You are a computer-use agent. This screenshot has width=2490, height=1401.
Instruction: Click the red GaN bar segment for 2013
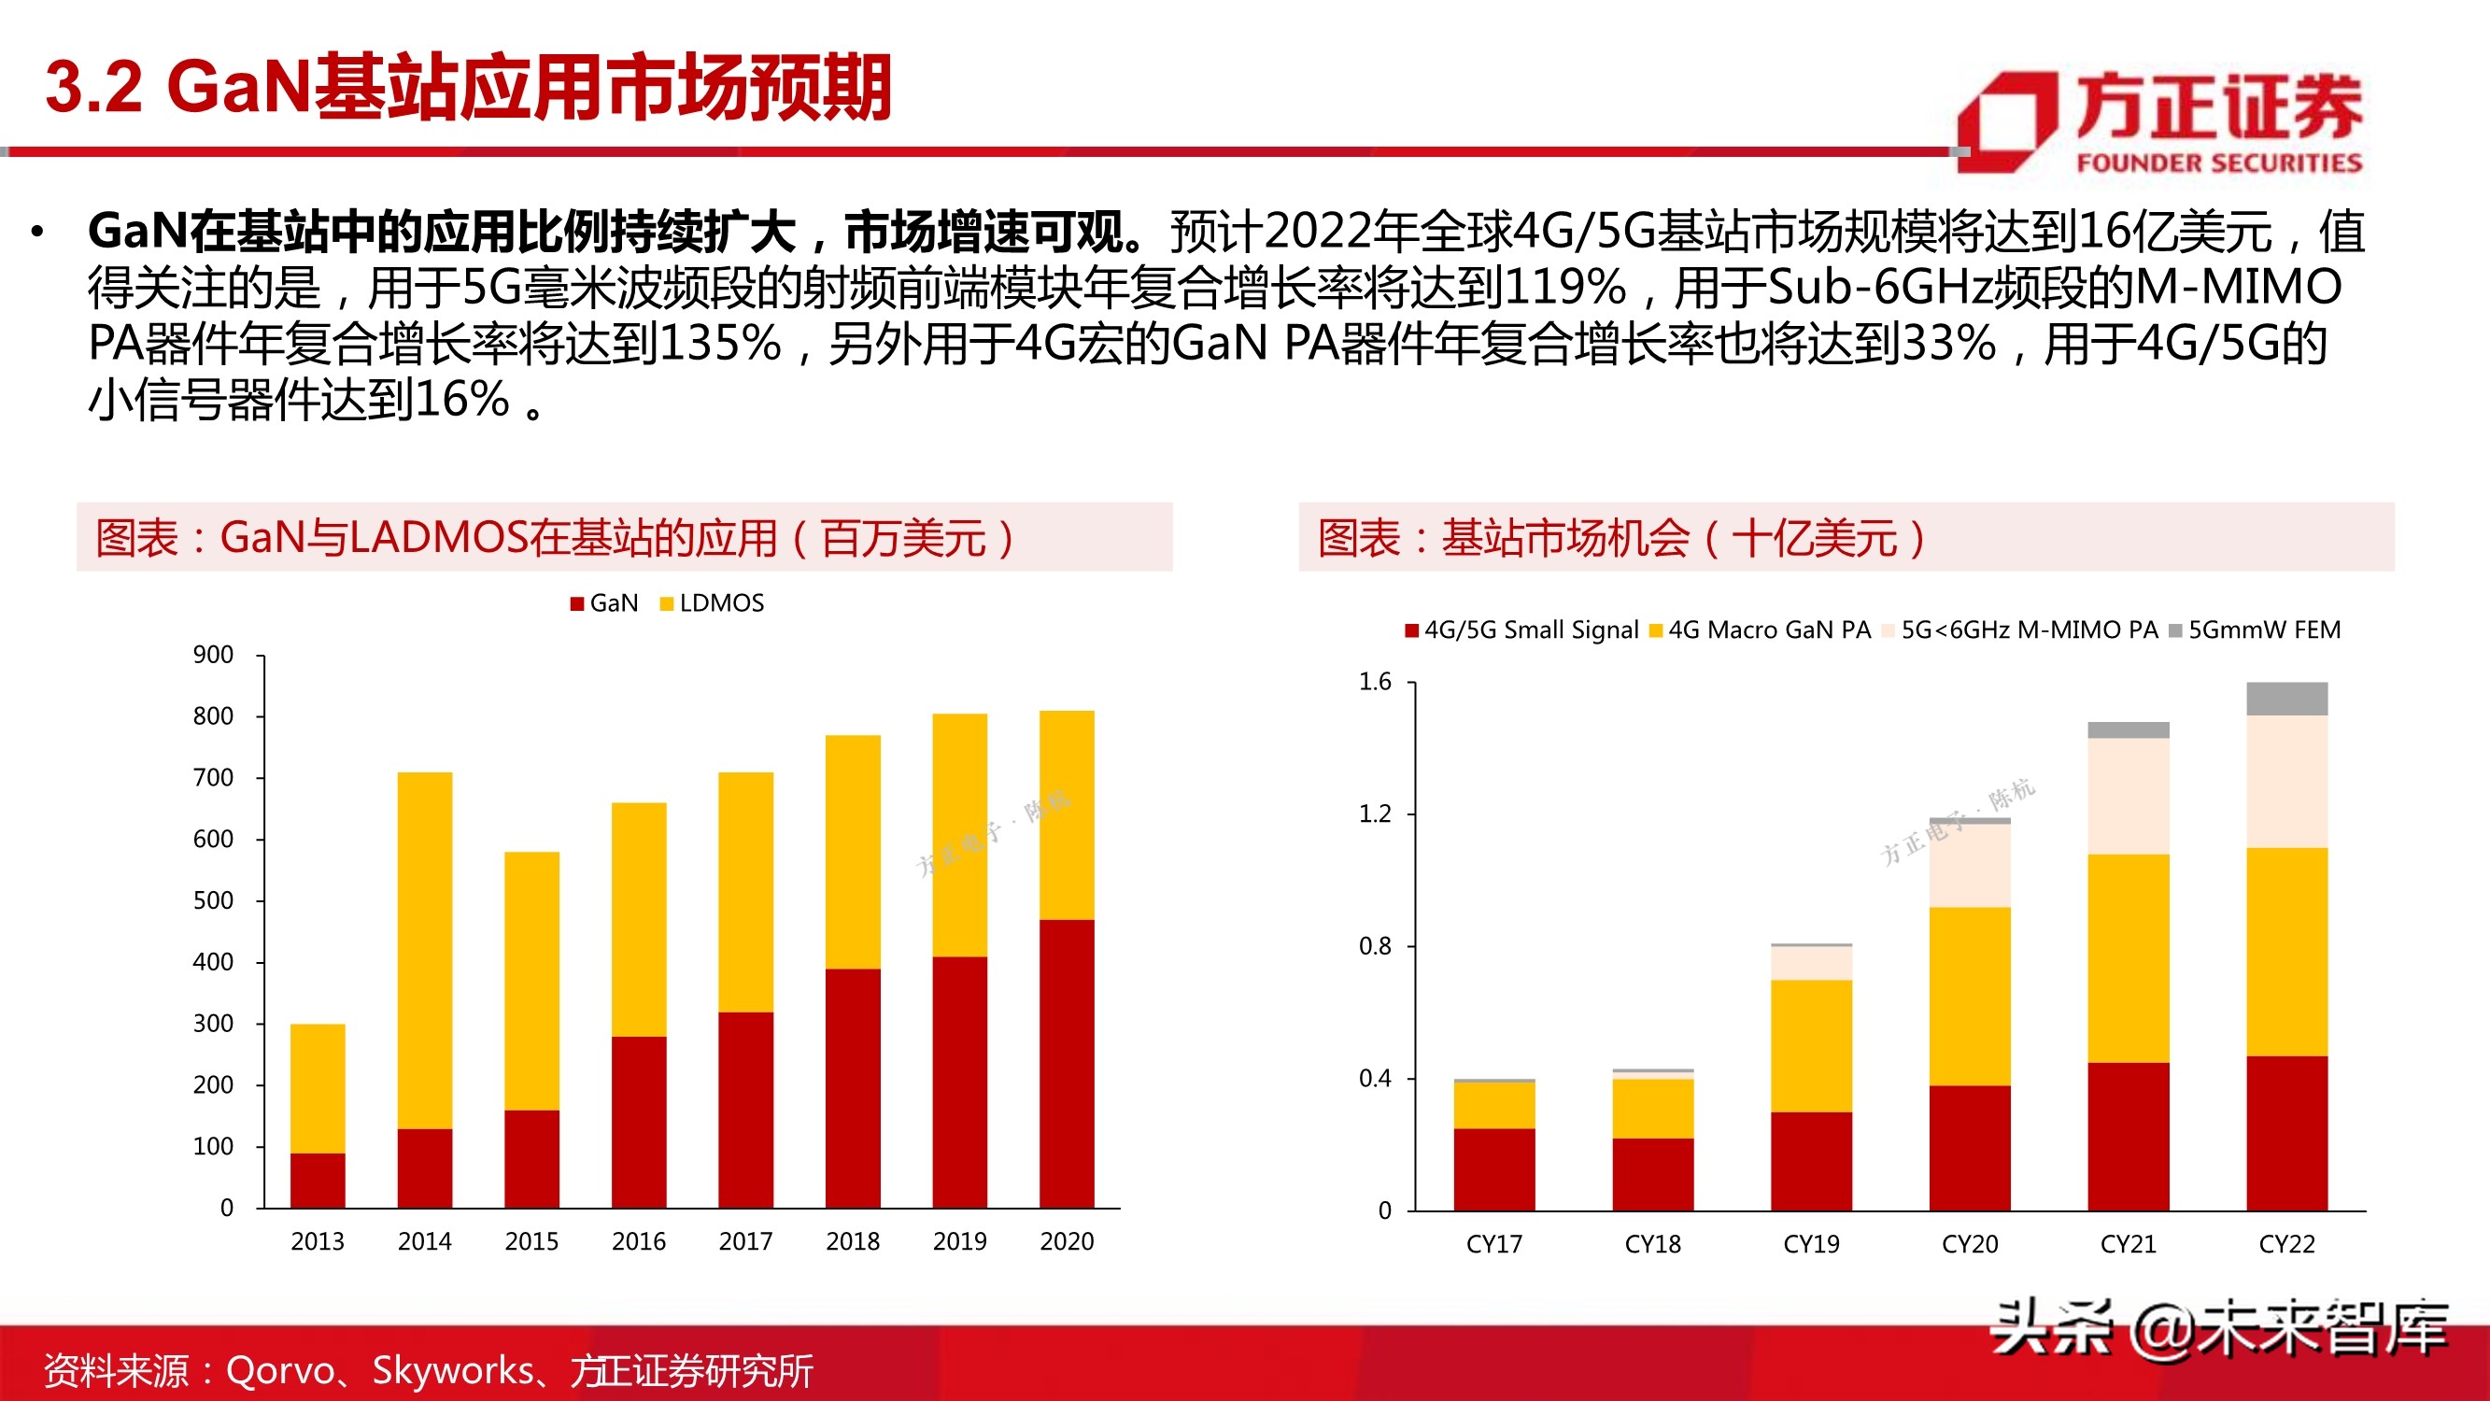(317, 1180)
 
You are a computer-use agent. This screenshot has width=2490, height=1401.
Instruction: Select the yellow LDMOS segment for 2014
(424, 950)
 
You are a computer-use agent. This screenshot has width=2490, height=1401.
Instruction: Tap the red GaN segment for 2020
(1067, 1063)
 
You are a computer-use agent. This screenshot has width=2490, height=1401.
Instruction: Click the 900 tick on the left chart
(213, 656)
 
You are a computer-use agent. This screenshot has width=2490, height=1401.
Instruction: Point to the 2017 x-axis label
(745, 1241)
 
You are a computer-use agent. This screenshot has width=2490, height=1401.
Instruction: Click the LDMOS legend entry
(713, 603)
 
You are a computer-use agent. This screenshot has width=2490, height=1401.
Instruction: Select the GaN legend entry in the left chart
(605, 603)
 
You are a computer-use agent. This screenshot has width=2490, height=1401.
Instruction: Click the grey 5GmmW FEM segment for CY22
(2286, 698)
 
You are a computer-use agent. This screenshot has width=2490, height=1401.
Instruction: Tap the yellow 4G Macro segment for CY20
(1969, 996)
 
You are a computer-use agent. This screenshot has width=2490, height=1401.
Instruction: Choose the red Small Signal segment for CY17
(1493, 1169)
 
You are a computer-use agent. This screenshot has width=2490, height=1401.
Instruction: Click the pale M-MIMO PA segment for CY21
(2128, 796)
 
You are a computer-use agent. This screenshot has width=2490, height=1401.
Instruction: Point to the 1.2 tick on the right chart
(1375, 814)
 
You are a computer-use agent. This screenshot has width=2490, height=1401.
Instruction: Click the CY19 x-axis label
(1810, 1244)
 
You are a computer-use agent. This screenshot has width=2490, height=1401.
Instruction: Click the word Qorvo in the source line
(279, 1371)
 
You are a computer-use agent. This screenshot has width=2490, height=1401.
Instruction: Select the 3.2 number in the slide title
(93, 87)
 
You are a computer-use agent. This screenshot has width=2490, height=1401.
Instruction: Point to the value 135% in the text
(719, 343)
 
